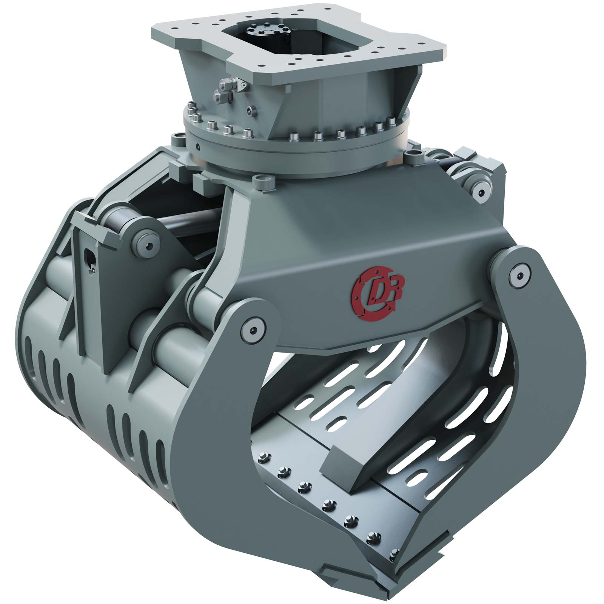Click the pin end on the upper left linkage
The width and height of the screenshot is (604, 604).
click(x=149, y=245)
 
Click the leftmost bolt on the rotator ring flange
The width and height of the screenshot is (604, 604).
click(x=188, y=109)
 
